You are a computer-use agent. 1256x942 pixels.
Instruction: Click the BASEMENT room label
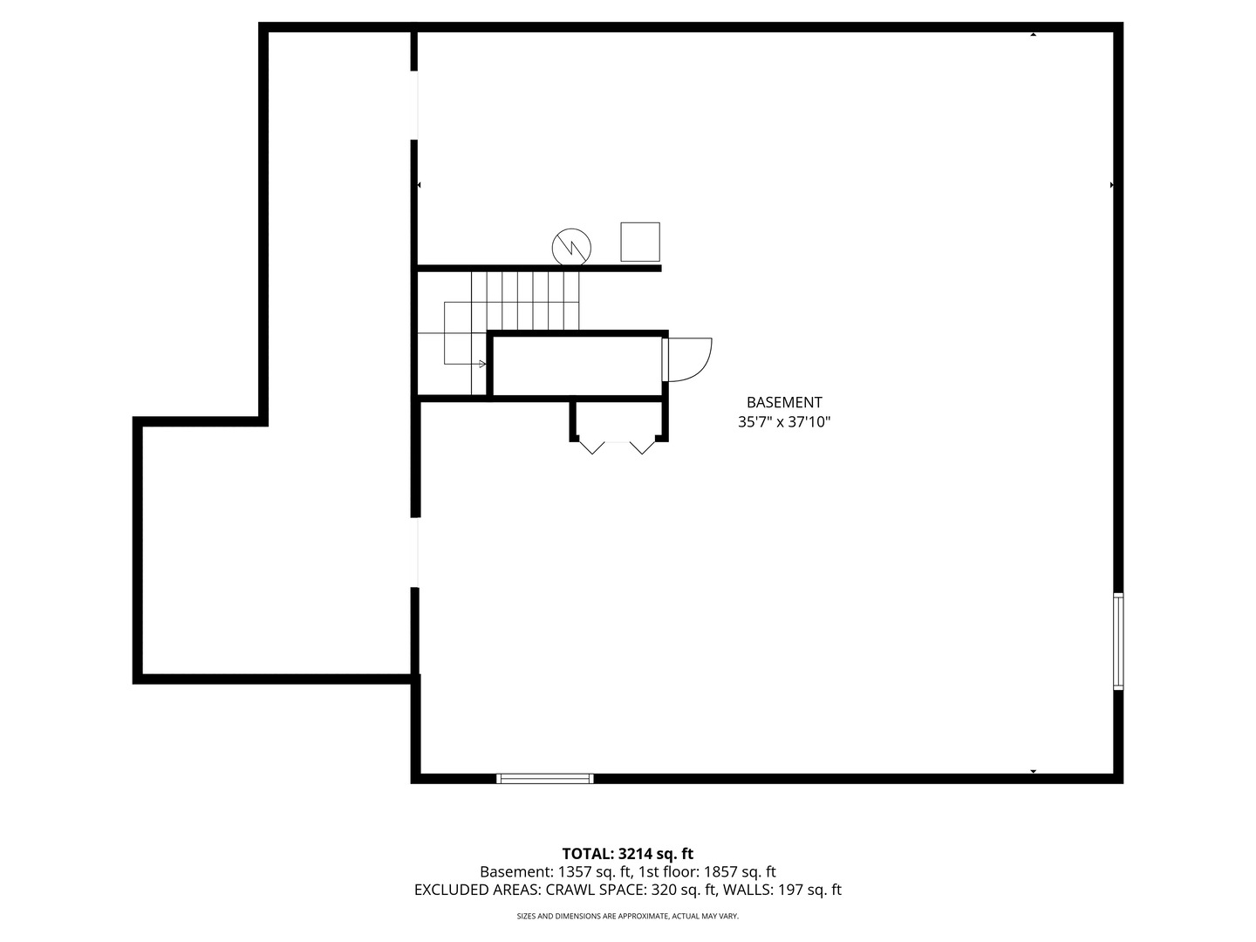click(784, 402)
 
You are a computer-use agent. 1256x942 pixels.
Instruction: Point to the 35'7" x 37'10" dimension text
click(784, 422)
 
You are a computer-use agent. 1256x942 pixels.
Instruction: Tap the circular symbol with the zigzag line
click(571, 247)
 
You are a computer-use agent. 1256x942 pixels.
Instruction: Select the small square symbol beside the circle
click(640, 242)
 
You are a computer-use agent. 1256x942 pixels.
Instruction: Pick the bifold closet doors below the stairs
click(618, 446)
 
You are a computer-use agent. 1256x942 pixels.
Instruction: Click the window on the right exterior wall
click(1118, 641)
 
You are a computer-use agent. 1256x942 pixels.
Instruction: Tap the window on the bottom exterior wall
click(545, 778)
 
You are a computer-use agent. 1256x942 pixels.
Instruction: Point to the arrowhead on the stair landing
click(482, 364)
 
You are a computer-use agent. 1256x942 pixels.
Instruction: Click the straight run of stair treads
click(525, 300)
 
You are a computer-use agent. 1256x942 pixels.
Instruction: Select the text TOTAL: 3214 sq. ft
click(627, 854)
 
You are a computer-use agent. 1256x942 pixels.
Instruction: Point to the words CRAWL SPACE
click(596, 891)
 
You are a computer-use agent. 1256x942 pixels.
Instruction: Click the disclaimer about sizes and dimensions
click(627, 916)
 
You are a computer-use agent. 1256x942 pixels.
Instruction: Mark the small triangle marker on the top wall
click(1034, 35)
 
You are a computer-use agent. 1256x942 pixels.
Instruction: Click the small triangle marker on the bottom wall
click(1034, 771)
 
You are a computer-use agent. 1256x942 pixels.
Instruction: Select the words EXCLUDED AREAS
click(477, 891)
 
